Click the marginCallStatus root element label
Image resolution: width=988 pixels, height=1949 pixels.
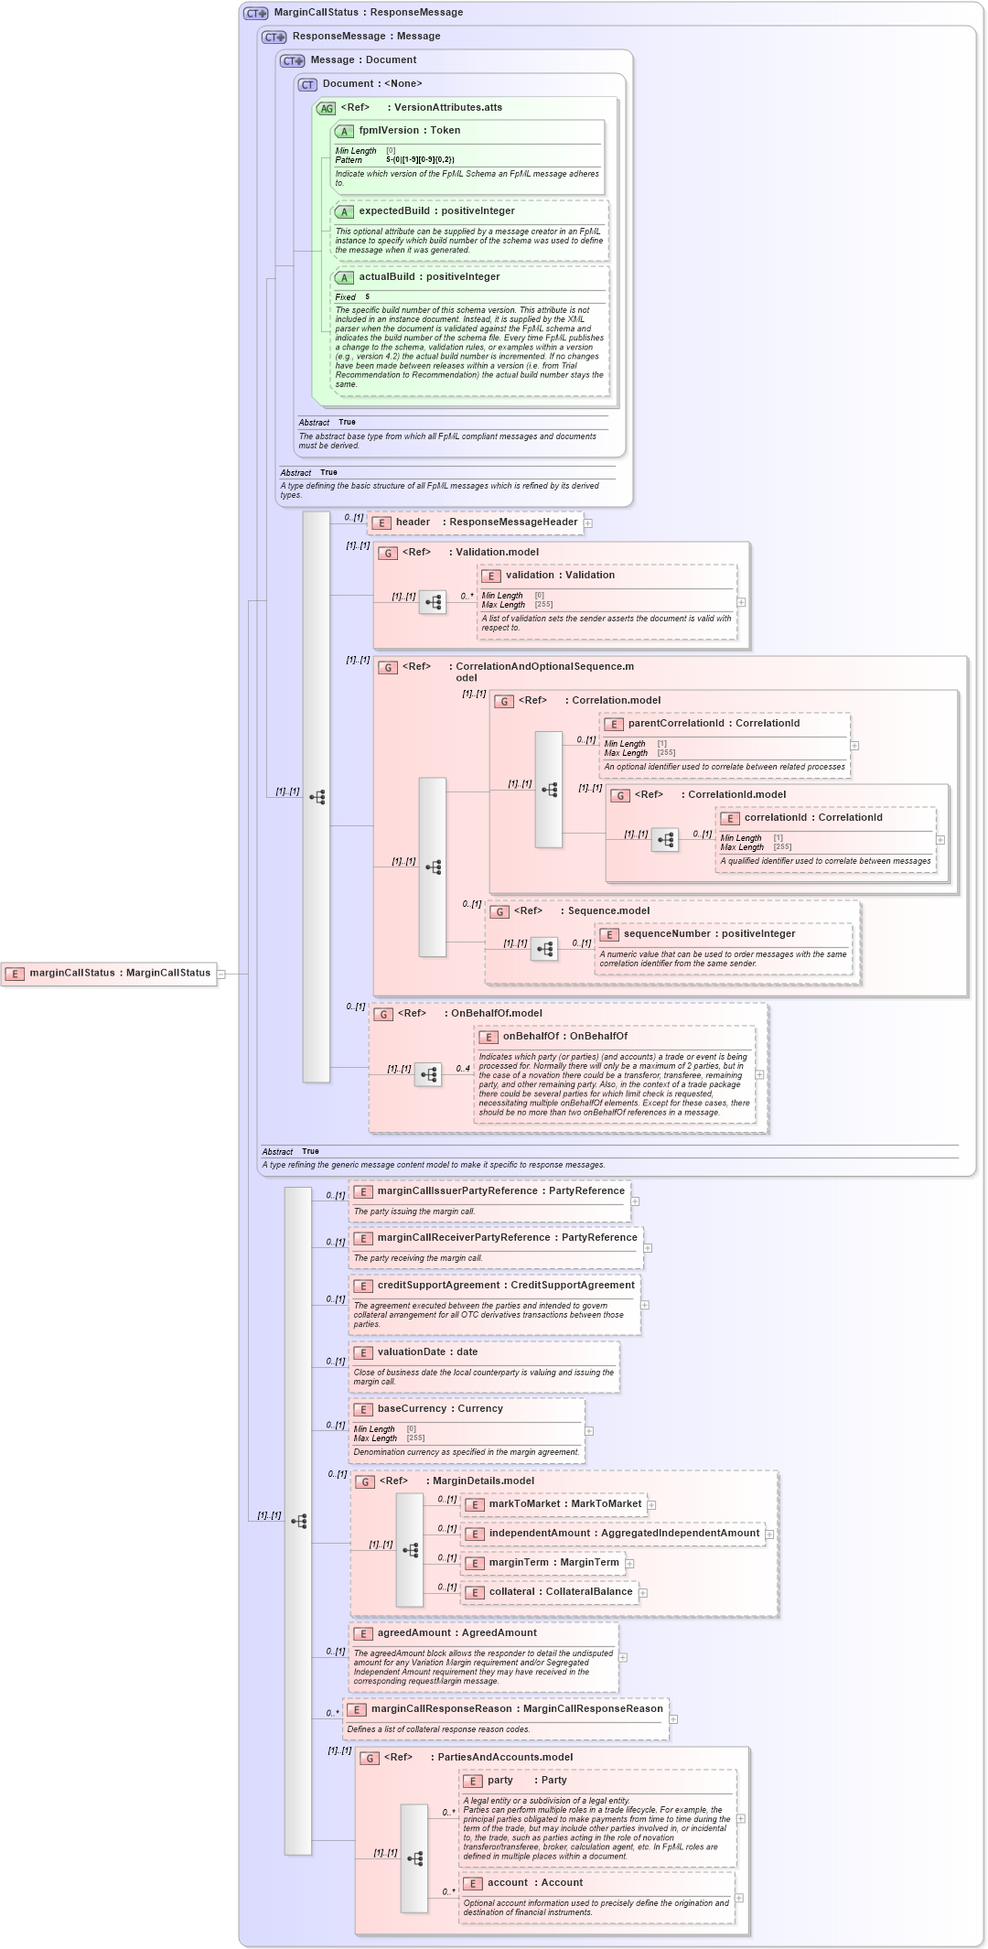tap(119, 973)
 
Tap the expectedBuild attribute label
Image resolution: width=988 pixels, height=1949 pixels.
tap(393, 211)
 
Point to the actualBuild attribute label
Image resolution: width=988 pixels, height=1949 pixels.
tap(386, 277)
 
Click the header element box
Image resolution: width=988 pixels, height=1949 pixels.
tap(475, 522)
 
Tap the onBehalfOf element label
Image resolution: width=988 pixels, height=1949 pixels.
tap(532, 1037)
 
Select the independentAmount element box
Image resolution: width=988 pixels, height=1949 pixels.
tap(612, 1534)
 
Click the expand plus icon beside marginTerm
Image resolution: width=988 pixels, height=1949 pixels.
tap(629, 1564)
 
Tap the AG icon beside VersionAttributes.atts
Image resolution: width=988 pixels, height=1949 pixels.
tap(327, 108)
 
